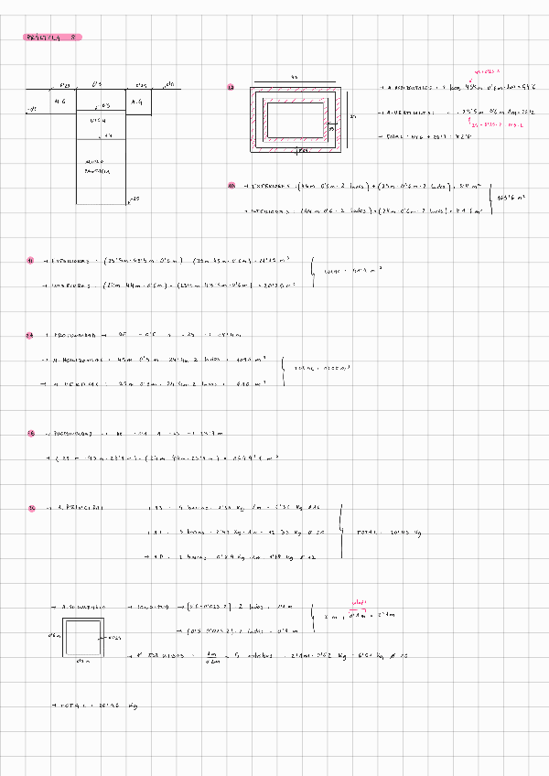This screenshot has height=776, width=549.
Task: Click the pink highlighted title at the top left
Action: pyautogui.click(x=53, y=38)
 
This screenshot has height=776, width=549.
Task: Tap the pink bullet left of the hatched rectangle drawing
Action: pyautogui.click(x=231, y=88)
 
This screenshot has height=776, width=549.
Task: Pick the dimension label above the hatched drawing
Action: pyautogui.click(x=293, y=77)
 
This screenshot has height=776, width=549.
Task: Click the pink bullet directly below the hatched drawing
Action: pyautogui.click(x=231, y=187)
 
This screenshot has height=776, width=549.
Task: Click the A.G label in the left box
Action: pyautogui.click(x=61, y=101)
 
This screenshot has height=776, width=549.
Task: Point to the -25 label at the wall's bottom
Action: pyautogui.click(x=134, y=199)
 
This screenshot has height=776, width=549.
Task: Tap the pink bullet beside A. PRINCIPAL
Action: pyautogui.click(x=32, y=506)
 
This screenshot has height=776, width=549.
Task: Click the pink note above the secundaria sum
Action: pyautogui.click(x=358, y=602)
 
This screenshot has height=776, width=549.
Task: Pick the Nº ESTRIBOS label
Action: pyautogui.click(x=160, y=655)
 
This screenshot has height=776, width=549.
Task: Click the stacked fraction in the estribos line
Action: pyautogui.click(x=211, y=655)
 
